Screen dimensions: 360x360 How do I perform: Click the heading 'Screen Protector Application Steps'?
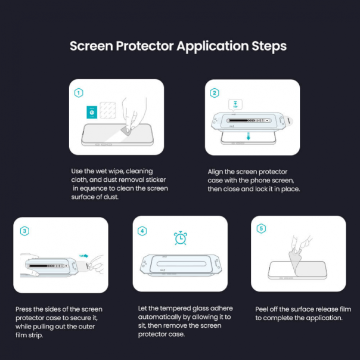click(178, 46)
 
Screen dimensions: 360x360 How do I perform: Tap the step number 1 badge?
click(79, 93)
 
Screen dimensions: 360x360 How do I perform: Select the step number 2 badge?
click(215, 93)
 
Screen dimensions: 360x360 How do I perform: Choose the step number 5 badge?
click(261, 229)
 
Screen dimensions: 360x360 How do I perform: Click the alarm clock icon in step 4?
click(179, 238)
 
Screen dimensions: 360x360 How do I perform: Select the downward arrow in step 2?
click(249, 136)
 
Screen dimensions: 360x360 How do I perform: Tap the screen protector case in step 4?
click(179, 264)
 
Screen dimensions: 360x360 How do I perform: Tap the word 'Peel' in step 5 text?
click(263, 309)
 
